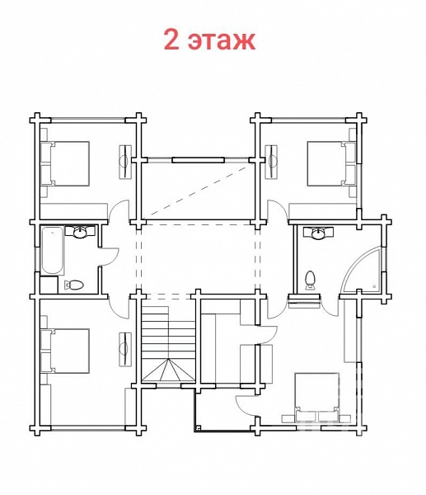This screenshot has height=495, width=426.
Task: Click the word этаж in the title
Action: click(x=222, y=40)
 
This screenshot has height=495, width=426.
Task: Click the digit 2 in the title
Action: click(x=172, y=40)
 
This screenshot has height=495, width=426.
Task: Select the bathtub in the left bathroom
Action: click(x=53, y=250)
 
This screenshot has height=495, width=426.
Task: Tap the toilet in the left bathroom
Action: click(x=74, y=285)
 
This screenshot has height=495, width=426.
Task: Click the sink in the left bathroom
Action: click(x=81, y=232)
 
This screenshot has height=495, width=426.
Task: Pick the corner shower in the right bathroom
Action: click(x=363, y=270)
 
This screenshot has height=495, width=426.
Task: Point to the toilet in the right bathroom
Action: click(x=311, y=280)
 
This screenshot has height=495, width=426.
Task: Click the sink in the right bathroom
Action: click(x=319, y=233)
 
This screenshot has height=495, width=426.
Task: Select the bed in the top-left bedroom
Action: click(x=65, y=163)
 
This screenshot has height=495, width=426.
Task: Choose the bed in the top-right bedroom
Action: click(x=332, y=164)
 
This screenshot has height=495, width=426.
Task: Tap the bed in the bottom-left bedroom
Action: click(x=65, y=351)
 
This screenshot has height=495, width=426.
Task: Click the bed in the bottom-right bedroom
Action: click(x=316, y=397)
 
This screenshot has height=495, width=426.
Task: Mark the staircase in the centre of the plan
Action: click(x=168, y=343)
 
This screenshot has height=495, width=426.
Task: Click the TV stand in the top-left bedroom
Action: click(x=125, y=163)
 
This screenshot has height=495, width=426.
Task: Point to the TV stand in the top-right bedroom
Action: click(x=271, y=163)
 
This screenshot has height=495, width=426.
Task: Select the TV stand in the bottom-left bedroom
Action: click(x=125, y=349)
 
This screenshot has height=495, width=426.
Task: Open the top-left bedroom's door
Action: click(x=119, y=210)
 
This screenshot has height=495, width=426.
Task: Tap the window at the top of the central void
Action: click(x=199, y=160)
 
